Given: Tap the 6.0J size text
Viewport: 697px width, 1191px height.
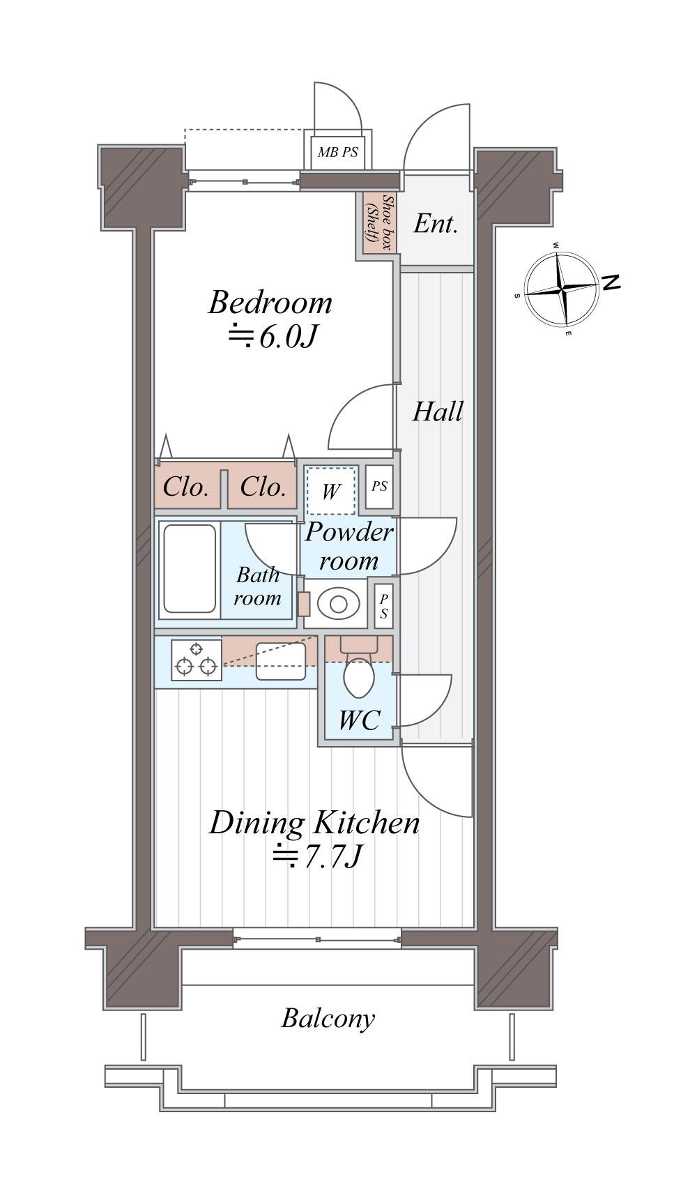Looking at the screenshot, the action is click(273, 337).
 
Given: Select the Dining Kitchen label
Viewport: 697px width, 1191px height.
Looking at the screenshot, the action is click(315, 823).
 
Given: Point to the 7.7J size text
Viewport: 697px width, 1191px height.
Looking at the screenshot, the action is click(318, 856).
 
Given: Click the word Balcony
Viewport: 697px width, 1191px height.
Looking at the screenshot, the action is click(328, 1019).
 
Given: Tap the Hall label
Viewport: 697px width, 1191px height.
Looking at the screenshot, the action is click(438, 411).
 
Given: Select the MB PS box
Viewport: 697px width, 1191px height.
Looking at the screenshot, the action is click(337, 152).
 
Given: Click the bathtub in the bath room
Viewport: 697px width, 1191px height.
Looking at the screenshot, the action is click(190, 568).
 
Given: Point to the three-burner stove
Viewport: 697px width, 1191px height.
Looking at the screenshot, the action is click(196, 660).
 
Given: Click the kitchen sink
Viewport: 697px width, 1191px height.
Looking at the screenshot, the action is click(281, 662).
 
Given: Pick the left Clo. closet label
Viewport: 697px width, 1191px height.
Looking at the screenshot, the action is click(185, 487).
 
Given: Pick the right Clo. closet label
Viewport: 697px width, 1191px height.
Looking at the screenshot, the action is click(263, 487).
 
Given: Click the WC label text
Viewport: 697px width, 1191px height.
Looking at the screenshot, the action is click(360, 720).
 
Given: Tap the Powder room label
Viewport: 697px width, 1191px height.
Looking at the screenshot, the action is click(349, 547).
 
